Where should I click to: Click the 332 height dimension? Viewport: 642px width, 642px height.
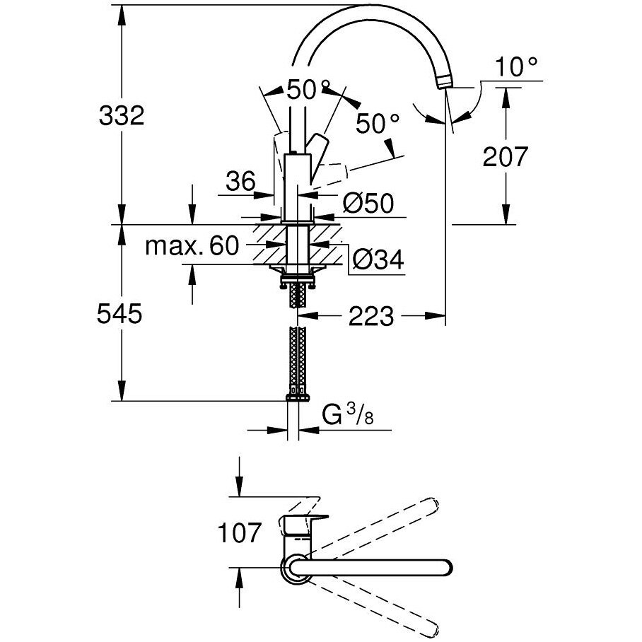(119, 115)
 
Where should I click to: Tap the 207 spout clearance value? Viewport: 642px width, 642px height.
(505, 156)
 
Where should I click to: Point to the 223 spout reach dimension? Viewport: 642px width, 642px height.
(370, 317)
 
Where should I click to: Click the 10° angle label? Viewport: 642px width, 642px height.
(516, 67)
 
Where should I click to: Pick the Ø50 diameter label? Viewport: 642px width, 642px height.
(368, 204)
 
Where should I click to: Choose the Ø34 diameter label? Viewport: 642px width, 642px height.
(377, 261)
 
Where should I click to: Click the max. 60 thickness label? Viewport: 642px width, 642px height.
(190, 246)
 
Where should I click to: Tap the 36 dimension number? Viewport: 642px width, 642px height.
(240, 182)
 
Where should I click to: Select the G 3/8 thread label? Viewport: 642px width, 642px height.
(347, 416)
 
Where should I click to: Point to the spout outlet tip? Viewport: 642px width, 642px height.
(443, 83)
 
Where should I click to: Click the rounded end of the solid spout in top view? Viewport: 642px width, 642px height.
(444, 568)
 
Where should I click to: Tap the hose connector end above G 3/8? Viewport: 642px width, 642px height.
(297, 395)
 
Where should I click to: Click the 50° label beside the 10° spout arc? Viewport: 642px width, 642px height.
(378, 124)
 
